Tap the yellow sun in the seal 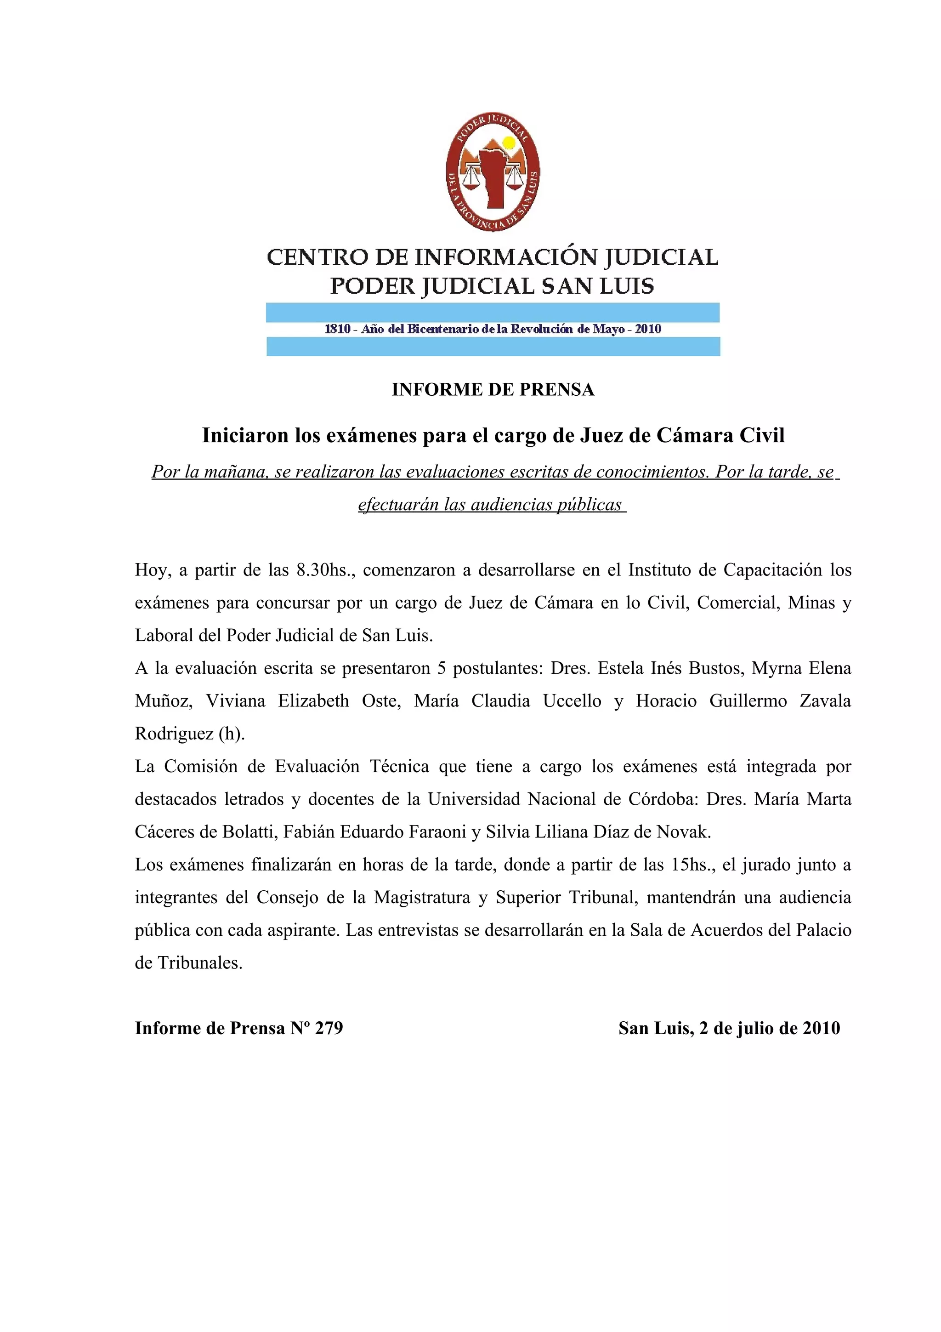click(509, 142)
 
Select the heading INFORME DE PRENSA click(493, 389)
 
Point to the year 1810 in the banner click(337, 329)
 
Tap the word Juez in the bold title click(601, 435)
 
